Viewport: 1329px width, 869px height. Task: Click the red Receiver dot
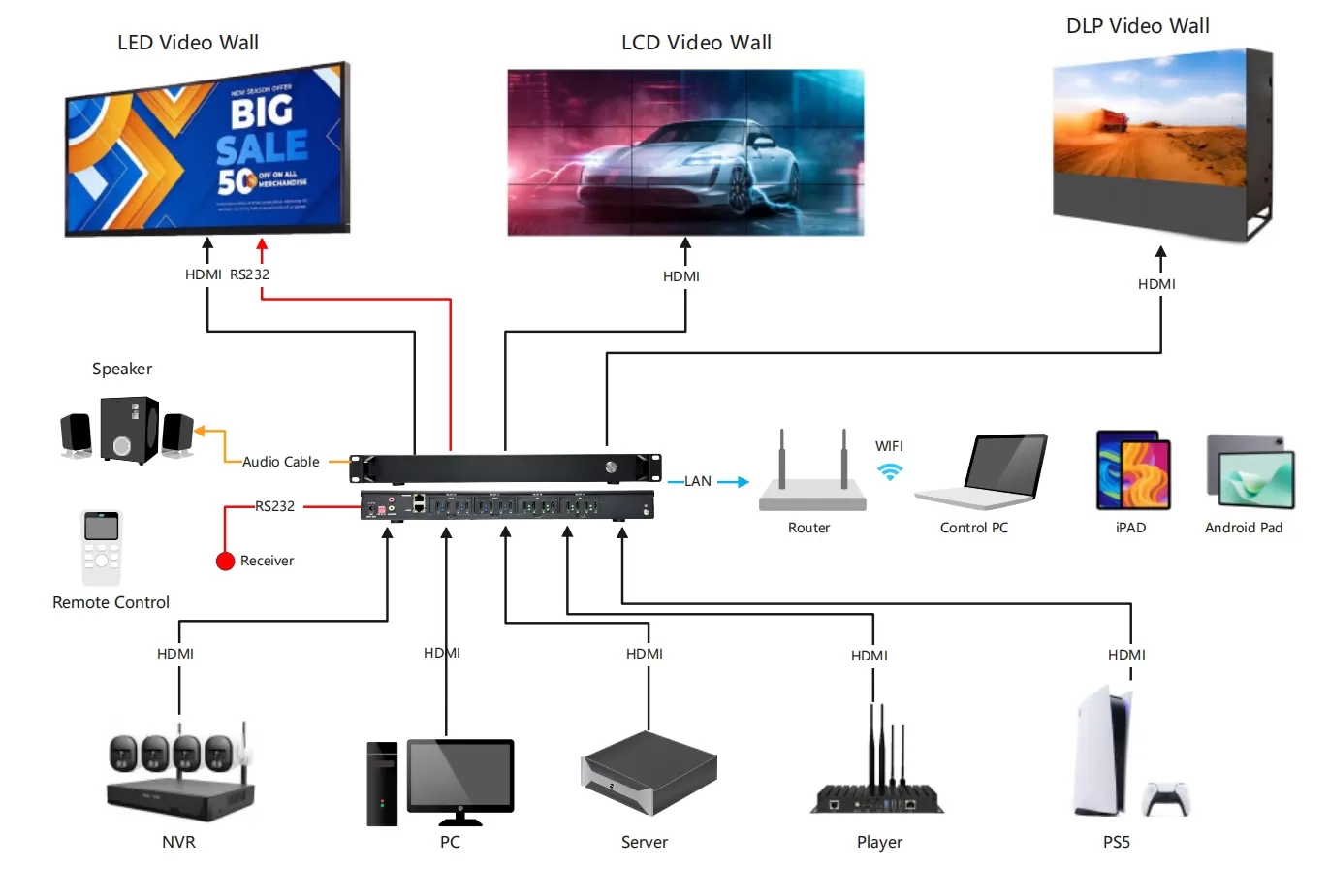(x=225, y=561)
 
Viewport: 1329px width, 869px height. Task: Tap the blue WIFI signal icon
(x=890, y=471)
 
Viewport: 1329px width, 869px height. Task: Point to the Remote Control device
(x=101, y=547)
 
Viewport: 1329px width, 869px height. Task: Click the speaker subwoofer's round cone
(x=121, y=445)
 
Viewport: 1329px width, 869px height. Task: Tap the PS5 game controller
(x=1166, y=798)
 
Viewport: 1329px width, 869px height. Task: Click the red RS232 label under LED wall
(x=249, y=274)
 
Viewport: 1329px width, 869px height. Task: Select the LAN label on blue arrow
(x=698, y=481)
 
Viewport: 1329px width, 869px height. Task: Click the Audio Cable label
(x=280, y=462)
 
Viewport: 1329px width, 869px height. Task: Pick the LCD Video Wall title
(x=696, y=43)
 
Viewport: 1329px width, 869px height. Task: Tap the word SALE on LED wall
(x=261, y=147)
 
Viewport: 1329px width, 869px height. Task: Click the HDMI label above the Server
(x=645, y=654)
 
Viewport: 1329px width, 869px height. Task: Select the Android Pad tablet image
(x=1250, y=472)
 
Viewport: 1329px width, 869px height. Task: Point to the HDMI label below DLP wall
(x=1156, y=284)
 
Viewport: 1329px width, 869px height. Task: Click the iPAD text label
(x=1130, y=528)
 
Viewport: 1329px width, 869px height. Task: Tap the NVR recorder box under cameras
(x=179, y=794)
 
